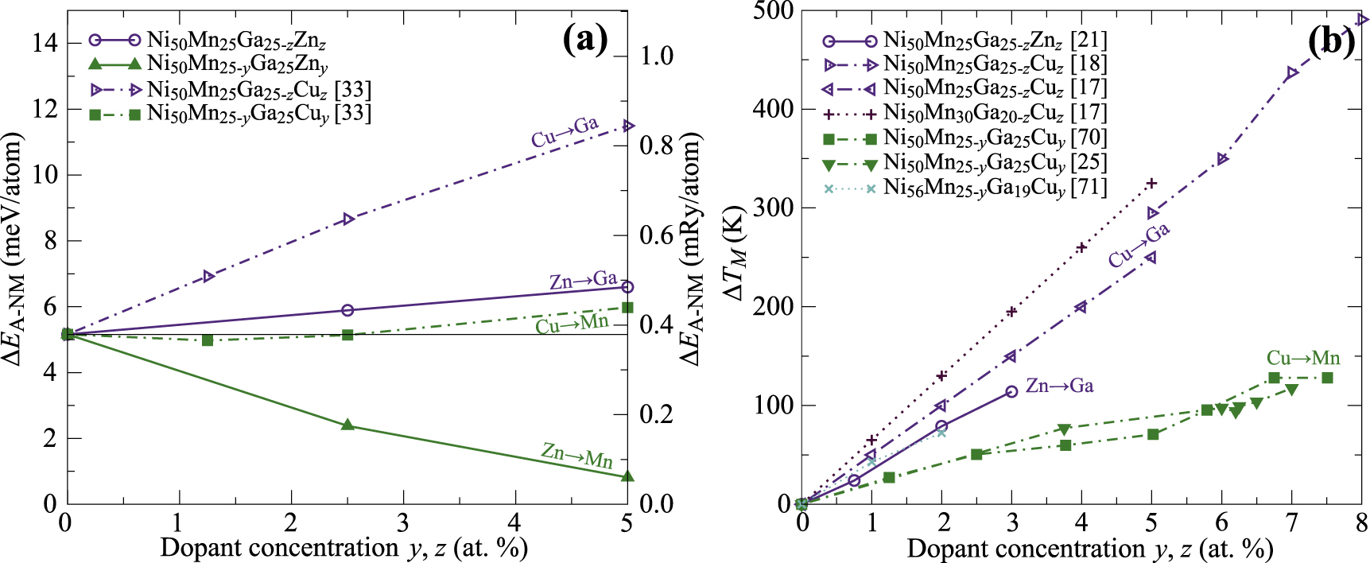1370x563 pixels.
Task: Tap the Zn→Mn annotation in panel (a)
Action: [x=576, y=456]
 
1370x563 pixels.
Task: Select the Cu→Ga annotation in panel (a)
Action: [x=565, y=132]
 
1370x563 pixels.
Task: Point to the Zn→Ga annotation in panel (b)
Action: [x=1059, y=386]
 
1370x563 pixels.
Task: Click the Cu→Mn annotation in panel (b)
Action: [x=1302, y=358]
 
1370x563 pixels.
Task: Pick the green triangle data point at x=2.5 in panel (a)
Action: [x=347, y=425]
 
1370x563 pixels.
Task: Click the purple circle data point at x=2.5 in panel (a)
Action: [x=347, y=310]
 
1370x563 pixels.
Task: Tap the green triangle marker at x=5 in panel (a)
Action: [x=627, y=476]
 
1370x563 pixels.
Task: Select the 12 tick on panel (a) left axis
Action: [x=45, y=108]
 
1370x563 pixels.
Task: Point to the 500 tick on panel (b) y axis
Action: [x=774, y=11]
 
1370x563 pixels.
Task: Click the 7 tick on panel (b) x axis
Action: [x=1291, y=522]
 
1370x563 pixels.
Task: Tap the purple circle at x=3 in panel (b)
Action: [x=1011, y=392]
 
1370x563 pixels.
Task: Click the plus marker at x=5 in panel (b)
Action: [x=1151, y=184]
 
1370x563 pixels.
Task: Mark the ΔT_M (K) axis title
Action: [x=736, y=254]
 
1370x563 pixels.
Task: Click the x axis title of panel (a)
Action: [x=344, y=548]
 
